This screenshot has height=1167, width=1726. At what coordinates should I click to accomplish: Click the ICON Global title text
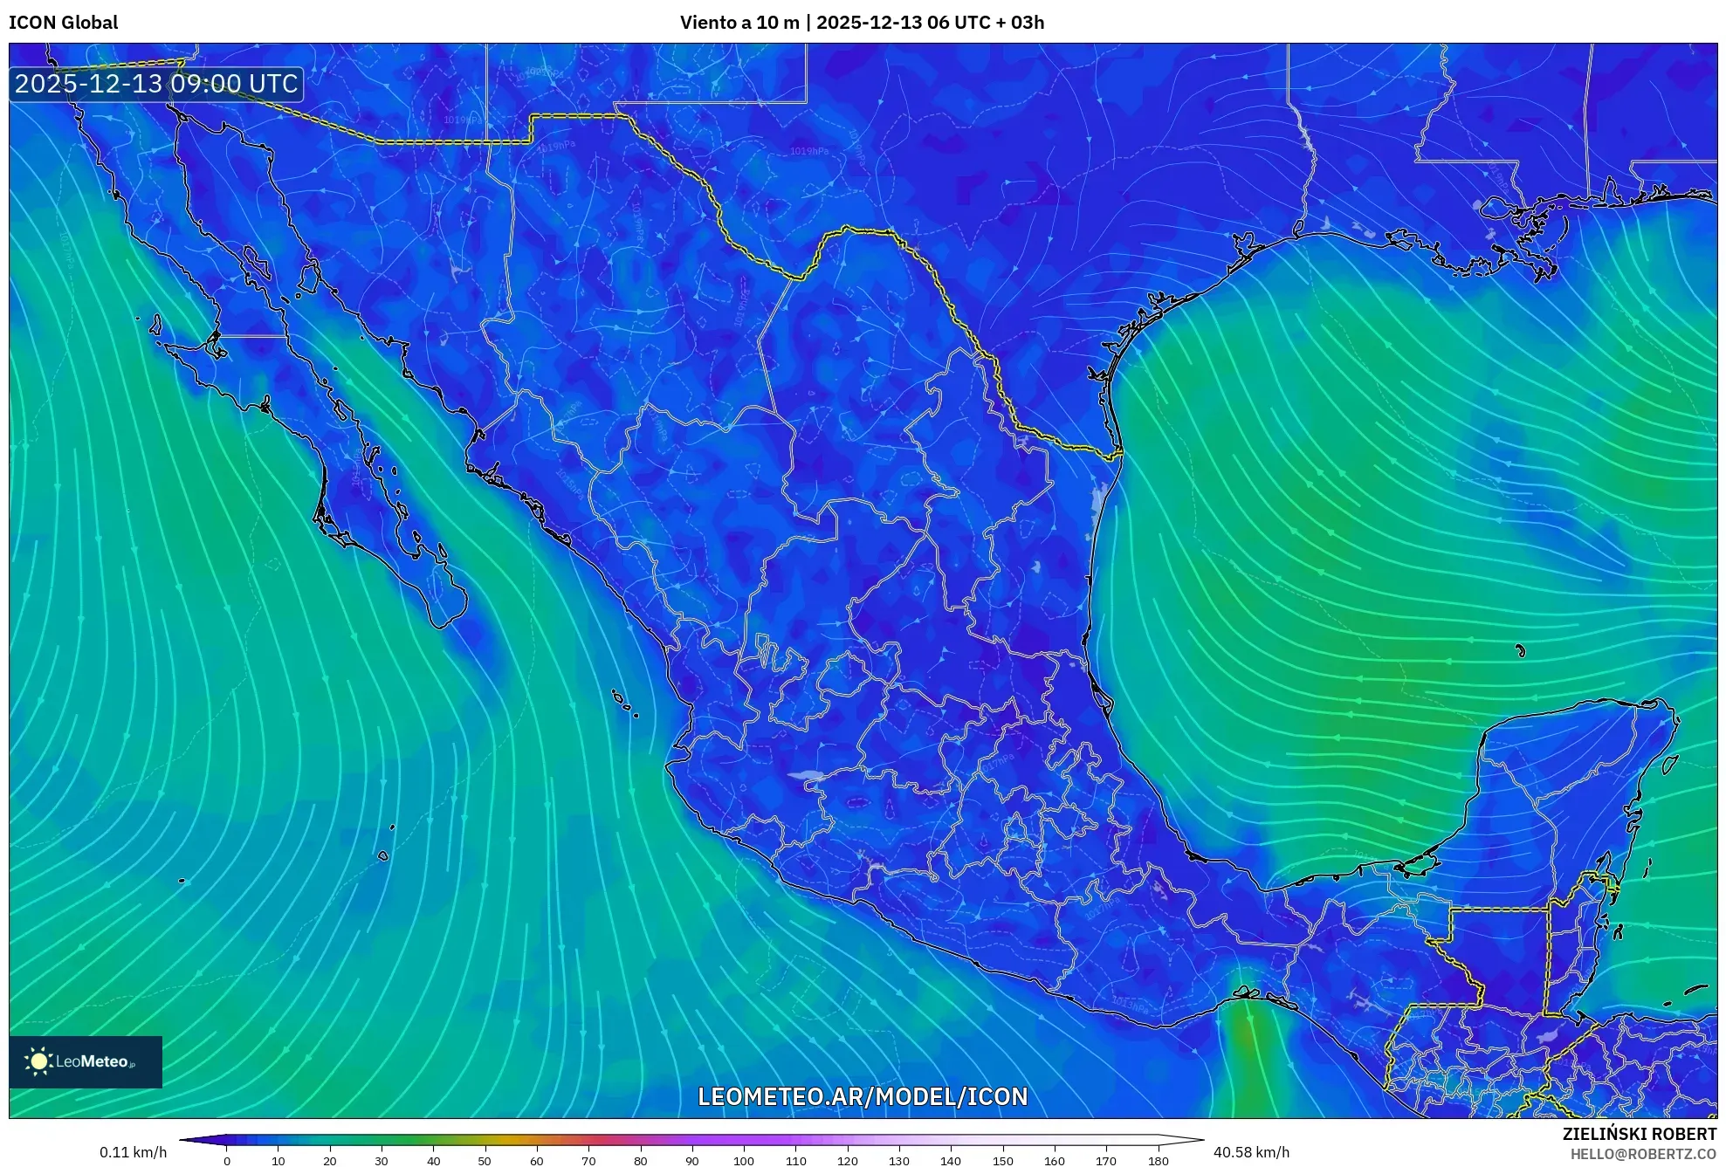click(x=63, y=23)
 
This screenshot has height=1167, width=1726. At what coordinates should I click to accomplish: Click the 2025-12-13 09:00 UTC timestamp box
click(x=156, y=84)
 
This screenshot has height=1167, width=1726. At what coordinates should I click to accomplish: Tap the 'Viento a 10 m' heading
click(x=739, y=23)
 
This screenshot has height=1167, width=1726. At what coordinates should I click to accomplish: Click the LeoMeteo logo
click(x=85, y=1061)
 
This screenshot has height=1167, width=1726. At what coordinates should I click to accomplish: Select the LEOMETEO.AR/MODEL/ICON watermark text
click(x=863, y=1096)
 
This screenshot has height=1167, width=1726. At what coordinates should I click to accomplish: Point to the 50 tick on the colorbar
click(x=485, y=1161)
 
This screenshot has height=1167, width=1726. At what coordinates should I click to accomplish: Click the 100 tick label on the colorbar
click(x=744, y=1161)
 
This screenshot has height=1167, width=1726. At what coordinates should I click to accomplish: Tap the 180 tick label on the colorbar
click(x=1158, y=1161)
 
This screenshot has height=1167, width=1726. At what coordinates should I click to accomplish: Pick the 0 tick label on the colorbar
click(x=227, y=1161)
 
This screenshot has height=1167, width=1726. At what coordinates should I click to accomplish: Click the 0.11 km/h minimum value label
click(x=133, y=1152)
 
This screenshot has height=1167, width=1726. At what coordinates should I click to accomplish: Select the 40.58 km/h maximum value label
click(x=1251, y=1152)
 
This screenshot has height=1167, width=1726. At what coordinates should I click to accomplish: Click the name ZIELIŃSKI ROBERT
click(x=1640, y=1134)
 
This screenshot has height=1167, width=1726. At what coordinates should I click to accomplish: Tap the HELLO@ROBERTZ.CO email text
click(x=1643, y=1154)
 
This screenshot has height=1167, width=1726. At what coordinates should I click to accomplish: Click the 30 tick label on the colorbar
click(x=382, y=1161)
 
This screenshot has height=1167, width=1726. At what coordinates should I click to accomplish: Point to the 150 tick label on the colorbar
click(x=1003, y=1161)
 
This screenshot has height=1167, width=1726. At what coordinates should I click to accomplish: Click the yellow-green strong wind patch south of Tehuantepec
click(x=1247, y=1039)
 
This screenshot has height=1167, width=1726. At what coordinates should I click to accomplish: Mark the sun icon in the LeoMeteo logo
click(x=38, y=1061)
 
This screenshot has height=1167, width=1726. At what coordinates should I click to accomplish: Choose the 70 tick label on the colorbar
click(x=588, y=1161)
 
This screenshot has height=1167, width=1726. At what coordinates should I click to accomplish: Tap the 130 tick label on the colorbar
click(x=899, y=1161)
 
